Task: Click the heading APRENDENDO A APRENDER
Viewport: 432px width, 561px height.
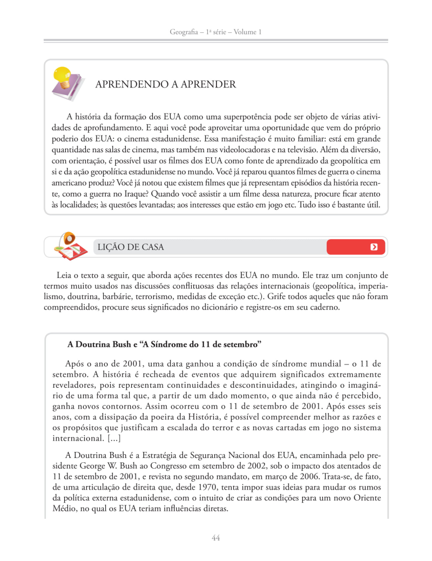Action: coord(165,84)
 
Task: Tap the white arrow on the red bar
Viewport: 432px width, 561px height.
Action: coord(374,247)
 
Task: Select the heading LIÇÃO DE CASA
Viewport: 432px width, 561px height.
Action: coord(130,247)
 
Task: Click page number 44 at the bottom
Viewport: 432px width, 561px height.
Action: coord(215,538)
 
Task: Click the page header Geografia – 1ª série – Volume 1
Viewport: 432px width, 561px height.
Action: coord(215,32)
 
